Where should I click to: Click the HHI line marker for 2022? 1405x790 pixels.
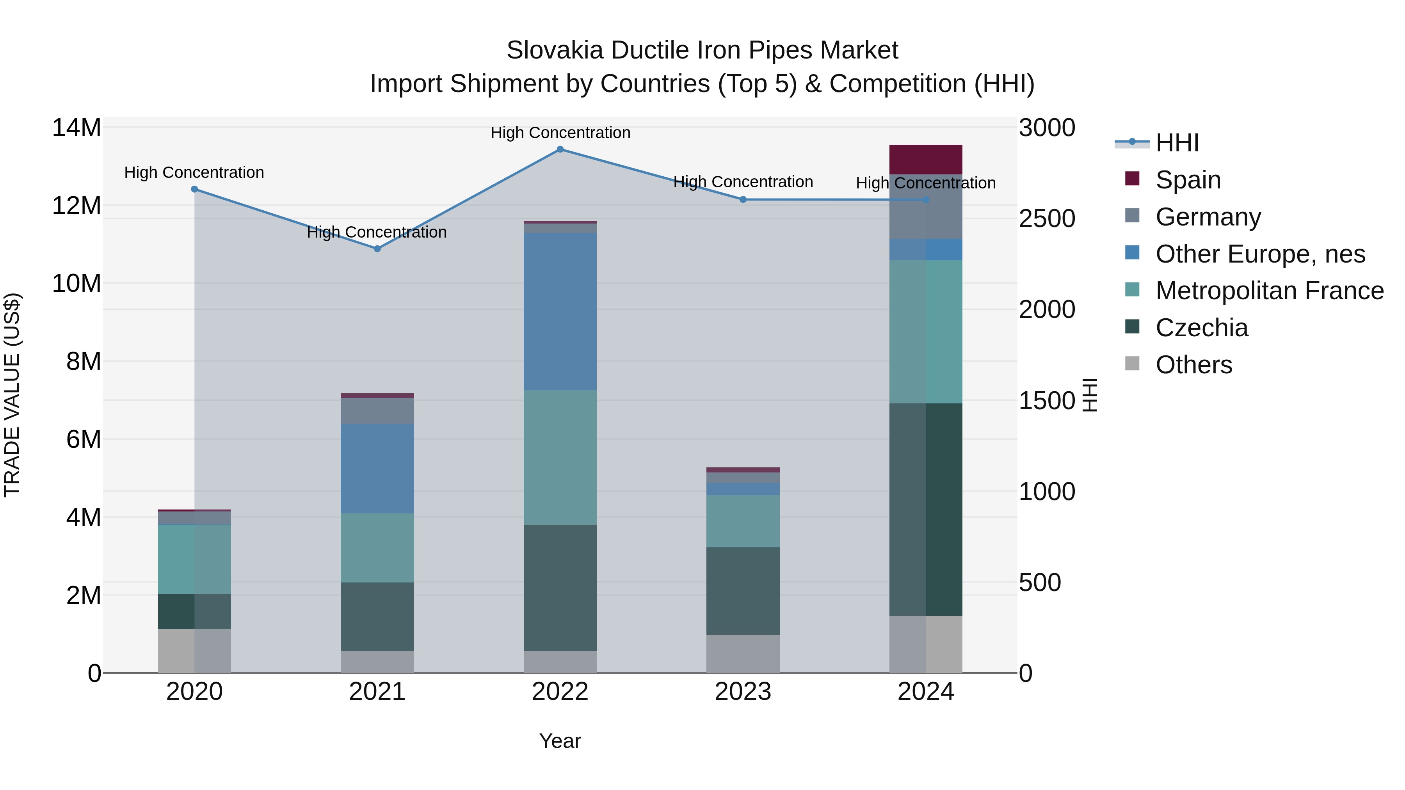[560, 149]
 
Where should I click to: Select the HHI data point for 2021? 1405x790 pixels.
[377, 249]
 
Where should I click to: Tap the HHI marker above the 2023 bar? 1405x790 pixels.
[743, 199]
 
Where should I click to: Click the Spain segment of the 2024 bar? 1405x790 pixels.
[926, 159]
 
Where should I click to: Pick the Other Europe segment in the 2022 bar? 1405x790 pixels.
[560, 311]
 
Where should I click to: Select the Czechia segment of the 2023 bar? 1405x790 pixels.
[743, 591]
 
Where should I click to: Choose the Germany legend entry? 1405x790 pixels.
[1208, 217]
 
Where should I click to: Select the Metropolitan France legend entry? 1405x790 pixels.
[1269, 291]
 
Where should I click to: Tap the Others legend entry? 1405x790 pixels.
[1193, 365]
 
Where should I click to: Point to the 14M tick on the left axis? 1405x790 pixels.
[76, 128]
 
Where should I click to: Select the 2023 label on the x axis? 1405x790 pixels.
[743, 692]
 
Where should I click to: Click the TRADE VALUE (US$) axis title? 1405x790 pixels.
[12, 395]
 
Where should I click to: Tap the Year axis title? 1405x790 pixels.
[560, 741]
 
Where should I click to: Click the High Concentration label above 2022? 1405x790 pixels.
[560, 133]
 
